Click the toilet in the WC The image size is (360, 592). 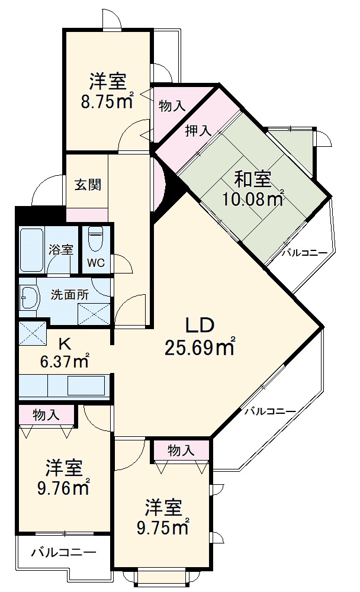coord(95,240)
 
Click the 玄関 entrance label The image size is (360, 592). coord(87,184)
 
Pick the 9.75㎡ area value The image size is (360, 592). coord(163,526)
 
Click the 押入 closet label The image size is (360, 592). coord(198,131)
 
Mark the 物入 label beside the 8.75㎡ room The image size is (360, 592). coord(172,106)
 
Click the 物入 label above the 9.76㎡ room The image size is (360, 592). coord(46,415)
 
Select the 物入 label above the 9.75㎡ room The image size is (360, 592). coord(181,451)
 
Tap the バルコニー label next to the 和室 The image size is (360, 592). coord(304,253)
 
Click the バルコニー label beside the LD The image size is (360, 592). coord(270,411)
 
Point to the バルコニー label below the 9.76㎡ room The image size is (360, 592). coord(63,553)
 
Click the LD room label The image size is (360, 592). coord(199,325)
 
